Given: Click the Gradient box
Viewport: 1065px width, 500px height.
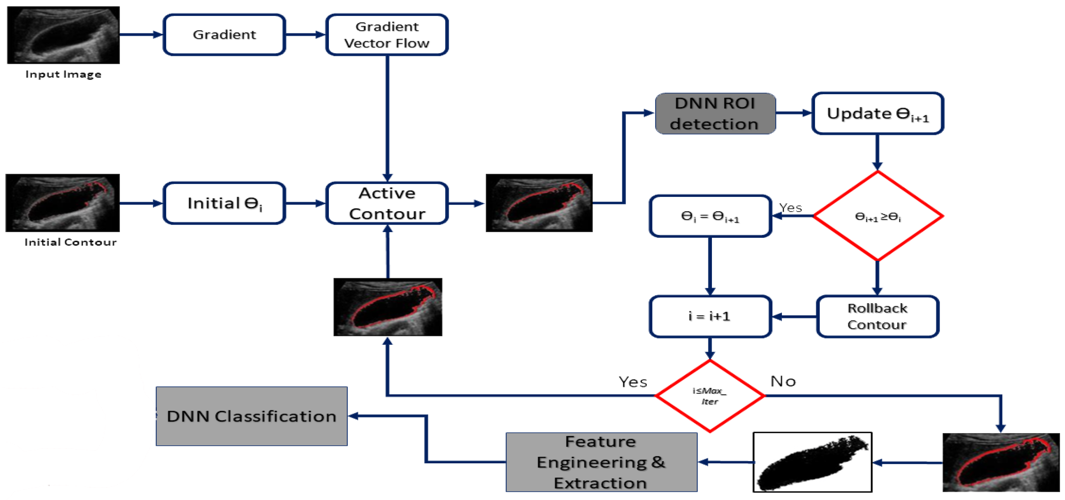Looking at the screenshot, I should pyautogui.click(x=224, y=35).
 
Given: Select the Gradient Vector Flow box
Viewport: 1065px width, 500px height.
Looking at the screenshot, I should pyautogui.click(x=387, y=35).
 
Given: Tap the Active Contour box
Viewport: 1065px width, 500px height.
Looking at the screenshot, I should pyautogui.click(x=387, y=203).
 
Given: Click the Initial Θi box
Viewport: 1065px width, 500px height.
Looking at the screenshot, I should pyautogui.click(x=224, y=203).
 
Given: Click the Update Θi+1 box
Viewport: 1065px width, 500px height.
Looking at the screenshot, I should pyautogui.click(x=877, y=113).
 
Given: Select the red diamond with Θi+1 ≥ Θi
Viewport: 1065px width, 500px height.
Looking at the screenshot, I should pyautogui.click(x=877, y=216).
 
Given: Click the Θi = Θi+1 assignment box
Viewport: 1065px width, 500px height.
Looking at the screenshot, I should pyautogui.click(x=710, y=216).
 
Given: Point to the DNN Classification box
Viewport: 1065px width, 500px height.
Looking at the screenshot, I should pyautogui.click(x=251, y=416).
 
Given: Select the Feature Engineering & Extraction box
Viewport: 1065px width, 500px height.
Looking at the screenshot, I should pyautogui.click(x=601, y=462).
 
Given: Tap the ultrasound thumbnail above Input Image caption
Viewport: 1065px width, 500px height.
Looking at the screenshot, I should pyautogui.click(x=63, y=35).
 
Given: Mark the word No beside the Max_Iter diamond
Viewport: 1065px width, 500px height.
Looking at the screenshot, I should pyautogui.click(x=783, y=381).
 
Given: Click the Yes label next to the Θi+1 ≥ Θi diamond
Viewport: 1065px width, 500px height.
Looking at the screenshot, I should pyautogui.click(x=790, y=208).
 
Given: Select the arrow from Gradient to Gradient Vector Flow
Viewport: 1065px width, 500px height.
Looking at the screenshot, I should pyautogui.click(x=305, y=35).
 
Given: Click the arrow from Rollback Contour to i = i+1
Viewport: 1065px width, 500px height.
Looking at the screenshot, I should pyautogui.click(x=794, y=317).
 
